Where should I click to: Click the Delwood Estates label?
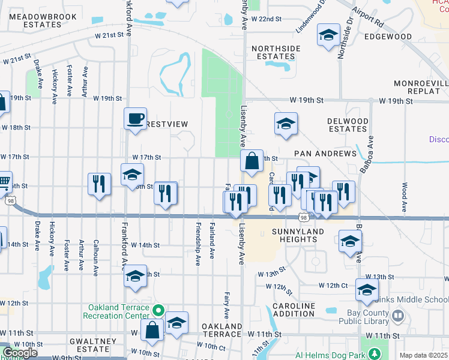(348, 125)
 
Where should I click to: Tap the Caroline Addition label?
(294, 310)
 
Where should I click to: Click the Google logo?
(20, 353)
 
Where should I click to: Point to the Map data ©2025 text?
(424, 355)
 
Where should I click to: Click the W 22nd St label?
(267, 19)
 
